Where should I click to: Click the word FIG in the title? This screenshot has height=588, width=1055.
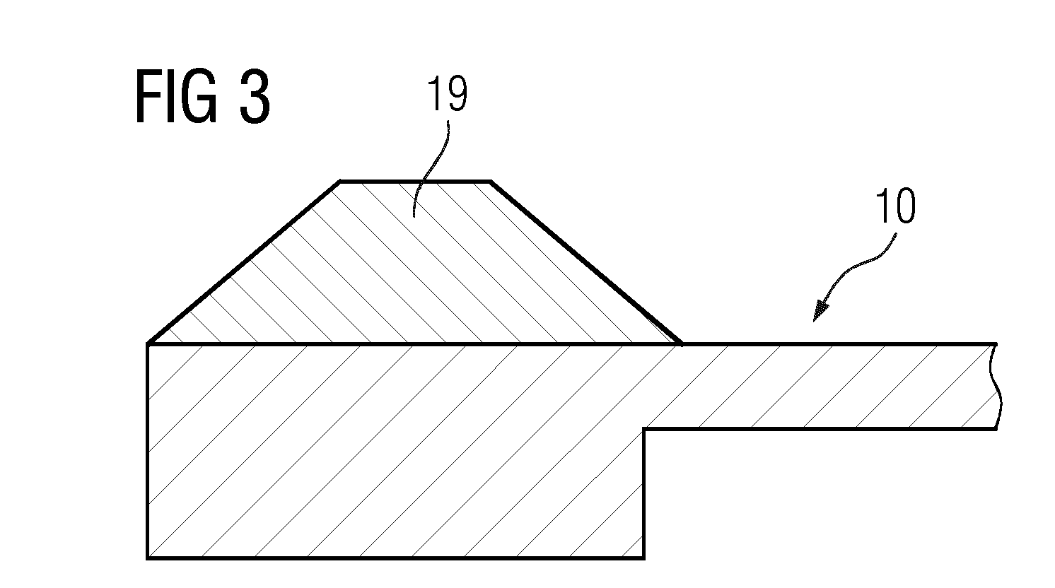[x=177, y=96]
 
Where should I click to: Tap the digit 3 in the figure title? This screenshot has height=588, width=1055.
[x=255, y=96]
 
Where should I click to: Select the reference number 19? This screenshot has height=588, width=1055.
[x=447, y=94]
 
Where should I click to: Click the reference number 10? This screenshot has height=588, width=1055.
[x=895, y=206]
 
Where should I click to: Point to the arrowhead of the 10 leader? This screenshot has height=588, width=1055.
[x=820, y=312]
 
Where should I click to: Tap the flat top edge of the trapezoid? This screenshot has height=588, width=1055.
[x=415, y=181]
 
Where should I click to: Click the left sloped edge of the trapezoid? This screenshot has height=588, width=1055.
[x=244, y=262]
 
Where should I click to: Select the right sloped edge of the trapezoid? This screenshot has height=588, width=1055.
[x=585, y=262]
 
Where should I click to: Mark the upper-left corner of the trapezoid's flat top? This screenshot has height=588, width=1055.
[x=341, y=181]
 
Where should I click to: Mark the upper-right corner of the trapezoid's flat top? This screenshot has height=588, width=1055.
[x=491, y=181]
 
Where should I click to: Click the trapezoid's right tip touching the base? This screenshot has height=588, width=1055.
[x=680, y=344]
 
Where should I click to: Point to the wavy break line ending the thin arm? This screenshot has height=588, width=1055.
[x=997, y=386]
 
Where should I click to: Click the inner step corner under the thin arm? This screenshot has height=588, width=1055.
[x=644, y=429]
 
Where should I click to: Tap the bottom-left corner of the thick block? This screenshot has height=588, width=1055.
[x=148, y=558]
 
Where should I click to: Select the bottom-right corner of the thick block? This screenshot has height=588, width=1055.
[x=644, y=558]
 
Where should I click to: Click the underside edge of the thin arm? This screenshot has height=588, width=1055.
[x=820, y=429]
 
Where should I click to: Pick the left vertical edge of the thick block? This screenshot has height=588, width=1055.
[x=148, y=451]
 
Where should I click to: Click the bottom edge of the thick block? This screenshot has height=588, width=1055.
[x=396, y=558]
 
